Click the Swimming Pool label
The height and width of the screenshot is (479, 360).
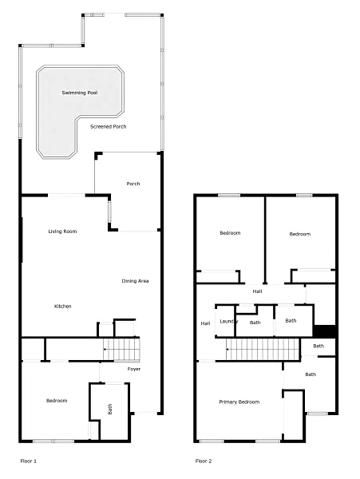click(80, 93)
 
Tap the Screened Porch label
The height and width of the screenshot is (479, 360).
click(108, 126)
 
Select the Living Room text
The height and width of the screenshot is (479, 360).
click(62, 232)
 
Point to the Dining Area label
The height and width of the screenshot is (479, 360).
click(135, 281)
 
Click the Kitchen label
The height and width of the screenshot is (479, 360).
click(62, 306)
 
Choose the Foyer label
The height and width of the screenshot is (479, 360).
click(134, 369)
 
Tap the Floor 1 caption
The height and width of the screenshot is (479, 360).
click(29, 461)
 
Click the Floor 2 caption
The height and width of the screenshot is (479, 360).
click(204, 461)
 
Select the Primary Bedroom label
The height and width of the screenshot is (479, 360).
click(239, 402)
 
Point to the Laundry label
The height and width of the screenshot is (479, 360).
click(229, 322)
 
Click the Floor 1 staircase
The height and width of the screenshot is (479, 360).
click(121, 349)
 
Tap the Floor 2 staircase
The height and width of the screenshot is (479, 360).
click(263, 349)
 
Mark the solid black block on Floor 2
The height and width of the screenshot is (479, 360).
click(324, 331)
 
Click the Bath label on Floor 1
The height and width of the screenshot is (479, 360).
click(110, 409)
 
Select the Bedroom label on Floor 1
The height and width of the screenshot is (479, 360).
click(57, 401)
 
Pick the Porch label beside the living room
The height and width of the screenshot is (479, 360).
click(133, 184)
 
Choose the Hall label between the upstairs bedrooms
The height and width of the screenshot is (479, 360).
click(257, 291)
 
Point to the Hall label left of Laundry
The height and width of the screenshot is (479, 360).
click(205, 323)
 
